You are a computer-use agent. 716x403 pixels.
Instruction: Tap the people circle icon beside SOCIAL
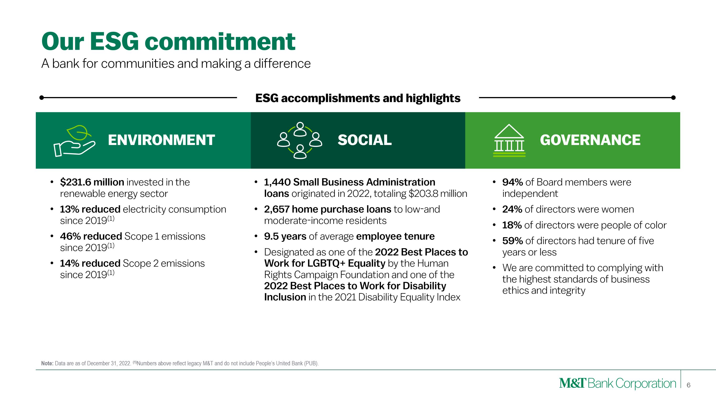tap(300, 140)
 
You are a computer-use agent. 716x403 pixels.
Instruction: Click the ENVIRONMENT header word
tap(161, 140)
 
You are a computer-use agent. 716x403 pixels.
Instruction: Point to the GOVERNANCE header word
tap(590, 140)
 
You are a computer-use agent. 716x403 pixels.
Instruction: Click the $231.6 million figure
tap(92, 182)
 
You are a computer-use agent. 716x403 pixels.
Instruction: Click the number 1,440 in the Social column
tap(277, 182)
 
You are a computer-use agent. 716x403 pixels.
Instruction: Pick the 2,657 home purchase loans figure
tap(327, 209)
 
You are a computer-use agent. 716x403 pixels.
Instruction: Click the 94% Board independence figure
tap(512, 182)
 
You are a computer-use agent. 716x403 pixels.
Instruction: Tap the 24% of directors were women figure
tap(512, 209)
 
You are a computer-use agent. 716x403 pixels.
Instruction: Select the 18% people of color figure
tap(512, 225)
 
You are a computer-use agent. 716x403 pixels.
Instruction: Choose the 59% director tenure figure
tap(512, 241)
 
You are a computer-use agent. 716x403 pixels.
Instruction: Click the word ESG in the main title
tap(114, 42)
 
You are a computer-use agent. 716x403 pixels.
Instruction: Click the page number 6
tap(688, 385)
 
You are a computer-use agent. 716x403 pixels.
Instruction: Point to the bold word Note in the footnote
tap(47, 364)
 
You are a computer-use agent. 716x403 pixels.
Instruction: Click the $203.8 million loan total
tap(438, 193)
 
